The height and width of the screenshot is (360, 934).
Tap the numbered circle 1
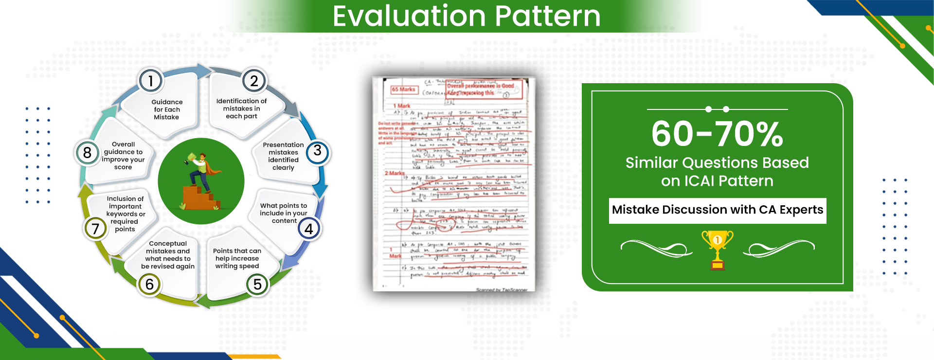pyautogui.click(x=150, y=81)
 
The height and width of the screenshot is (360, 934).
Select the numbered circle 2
pyautogui.click(x=253, y=81)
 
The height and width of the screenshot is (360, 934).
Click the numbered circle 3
pyautogui.click(x=317, y=151)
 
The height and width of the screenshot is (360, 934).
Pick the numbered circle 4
pyautogui.click(x=308, y=229)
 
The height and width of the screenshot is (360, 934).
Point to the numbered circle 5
pyautogui.click(x=257, y=284)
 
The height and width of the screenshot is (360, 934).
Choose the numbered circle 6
pyautogui.click(x=149, y=284)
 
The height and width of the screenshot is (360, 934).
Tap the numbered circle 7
pyautogui.click(x=95, y=228)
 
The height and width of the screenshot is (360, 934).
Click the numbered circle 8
pyautogui.click(x=87, y=153)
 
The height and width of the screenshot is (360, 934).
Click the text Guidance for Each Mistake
pyautogui.click(x=167, y=109)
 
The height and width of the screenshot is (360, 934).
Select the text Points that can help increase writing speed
pyautogui.click(x=237, y=258)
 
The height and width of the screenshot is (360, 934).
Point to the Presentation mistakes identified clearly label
pyautogui.click(x=283, y=156)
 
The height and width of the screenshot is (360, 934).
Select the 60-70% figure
pyautogui.click(x=717, y=134)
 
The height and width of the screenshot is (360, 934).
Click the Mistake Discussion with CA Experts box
pyautogui.click(x=718, y=210)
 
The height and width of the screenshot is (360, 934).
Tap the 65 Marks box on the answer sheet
pyautogui.click(x=403, y=90)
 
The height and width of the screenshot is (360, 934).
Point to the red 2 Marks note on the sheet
pyautogui.click(x=395, y=173)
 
